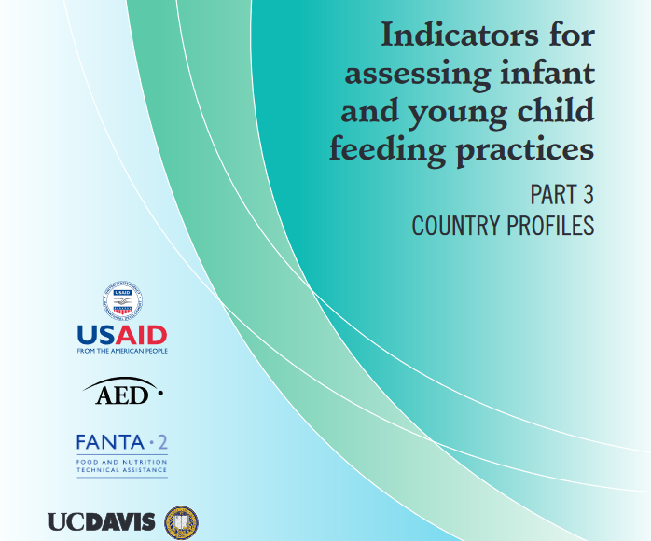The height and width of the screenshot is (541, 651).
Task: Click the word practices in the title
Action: pyautogui.click(x=525, y=151)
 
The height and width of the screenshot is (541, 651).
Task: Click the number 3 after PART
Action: pyautogui.click(x=588, y=195)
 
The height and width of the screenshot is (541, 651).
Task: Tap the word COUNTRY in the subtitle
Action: pyautogui.click(x=455, y=226)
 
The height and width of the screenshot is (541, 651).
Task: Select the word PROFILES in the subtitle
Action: pyautogui.click(x=550, y=226)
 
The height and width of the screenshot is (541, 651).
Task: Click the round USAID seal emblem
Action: pyautogui.click(x=122, y=301)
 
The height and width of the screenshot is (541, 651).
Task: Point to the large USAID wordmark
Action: pyautogui.click(x=122, y=336)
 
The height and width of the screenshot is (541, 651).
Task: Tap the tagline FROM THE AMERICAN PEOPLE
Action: pyautogui.click(x=122, y=351)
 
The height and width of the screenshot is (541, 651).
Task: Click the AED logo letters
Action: pyautogui.click(x=121, y=395)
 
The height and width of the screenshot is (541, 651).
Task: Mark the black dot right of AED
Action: pyautogui.click(x=160, y=393)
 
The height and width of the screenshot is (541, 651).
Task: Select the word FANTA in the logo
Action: pyautogui.click(x=110, y=442)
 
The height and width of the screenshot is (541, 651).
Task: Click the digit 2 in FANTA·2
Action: pyautogui.click(x=162, y=442)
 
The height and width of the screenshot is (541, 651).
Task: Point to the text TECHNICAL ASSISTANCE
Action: pyautogui.click(x=121, y=470)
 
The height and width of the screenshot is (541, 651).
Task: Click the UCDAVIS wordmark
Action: pyautogui.click(x=102, y=522)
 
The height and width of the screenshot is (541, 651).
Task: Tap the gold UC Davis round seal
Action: pyautogui.click(x=181, y=522)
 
